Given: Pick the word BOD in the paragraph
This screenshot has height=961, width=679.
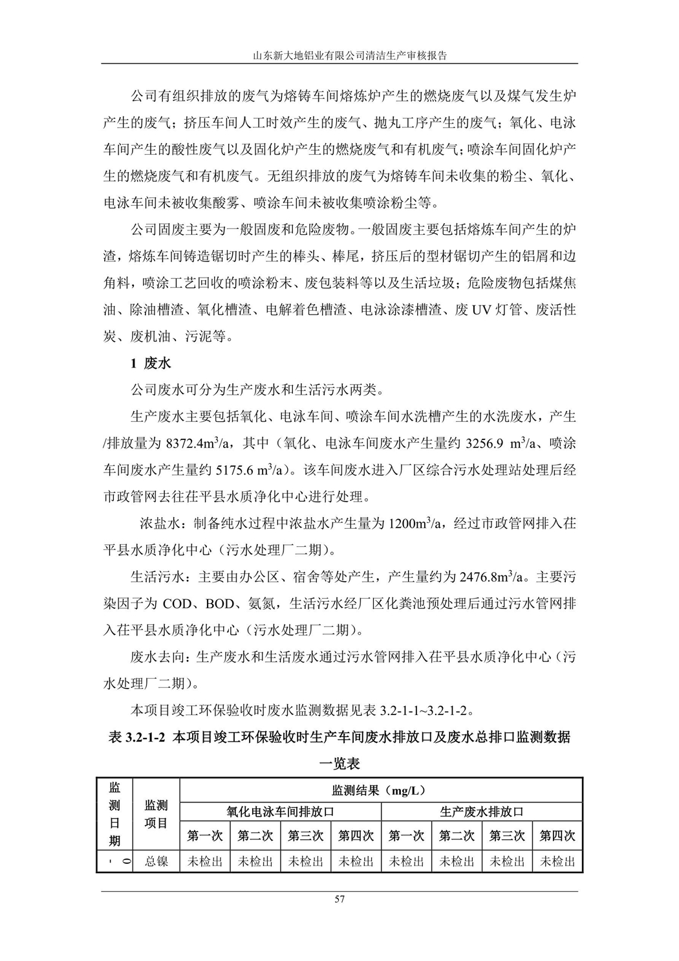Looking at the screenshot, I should (221, 604).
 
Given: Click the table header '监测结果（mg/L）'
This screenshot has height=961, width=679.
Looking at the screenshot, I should (382, 790).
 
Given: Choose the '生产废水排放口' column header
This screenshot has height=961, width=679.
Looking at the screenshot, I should (482, 811).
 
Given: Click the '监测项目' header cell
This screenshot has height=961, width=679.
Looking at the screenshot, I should (156, 813).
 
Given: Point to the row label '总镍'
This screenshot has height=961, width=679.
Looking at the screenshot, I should (156, 861).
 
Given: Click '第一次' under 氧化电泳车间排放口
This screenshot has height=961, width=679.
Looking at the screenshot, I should (204, 835).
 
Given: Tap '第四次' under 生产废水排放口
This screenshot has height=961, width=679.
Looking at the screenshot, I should (557, 835).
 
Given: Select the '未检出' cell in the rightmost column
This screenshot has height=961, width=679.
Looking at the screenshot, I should (557, 861).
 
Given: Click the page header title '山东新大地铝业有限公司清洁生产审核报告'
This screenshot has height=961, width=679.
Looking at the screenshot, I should (339, 55).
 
